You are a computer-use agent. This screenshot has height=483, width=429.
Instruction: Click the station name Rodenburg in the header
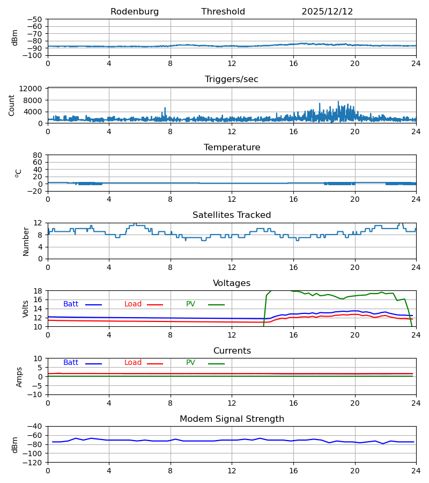coord(135,12)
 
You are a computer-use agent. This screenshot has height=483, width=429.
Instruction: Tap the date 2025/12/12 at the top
coord(327,12)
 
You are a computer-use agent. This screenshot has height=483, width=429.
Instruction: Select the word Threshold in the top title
coord(223,12)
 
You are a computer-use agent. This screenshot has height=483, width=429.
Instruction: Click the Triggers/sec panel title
coord(232,79)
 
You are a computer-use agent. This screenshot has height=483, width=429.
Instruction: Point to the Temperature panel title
coord(232,148)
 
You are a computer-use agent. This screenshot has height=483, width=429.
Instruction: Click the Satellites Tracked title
coord(232,215)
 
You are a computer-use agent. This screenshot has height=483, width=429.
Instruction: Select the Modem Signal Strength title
coord(232,419)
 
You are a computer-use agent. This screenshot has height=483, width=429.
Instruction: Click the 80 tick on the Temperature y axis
coord(38,155)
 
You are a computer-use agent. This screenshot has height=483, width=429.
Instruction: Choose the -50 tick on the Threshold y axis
coord(35,19)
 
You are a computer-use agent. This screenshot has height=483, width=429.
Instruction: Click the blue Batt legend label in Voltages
coord(71,304)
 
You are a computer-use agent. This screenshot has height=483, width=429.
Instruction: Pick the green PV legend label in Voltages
coord(190,304)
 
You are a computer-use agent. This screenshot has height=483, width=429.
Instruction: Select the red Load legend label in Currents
coord(133,363)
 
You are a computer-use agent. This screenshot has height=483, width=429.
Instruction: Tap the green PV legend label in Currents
coord(190,363)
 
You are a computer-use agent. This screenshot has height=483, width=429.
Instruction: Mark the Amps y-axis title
coord(19,377)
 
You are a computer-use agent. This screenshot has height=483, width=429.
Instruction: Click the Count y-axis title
coord(12,105)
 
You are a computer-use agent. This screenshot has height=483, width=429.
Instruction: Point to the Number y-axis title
coord(26,241)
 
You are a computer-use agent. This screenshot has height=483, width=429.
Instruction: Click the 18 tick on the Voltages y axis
coord(38,291)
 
